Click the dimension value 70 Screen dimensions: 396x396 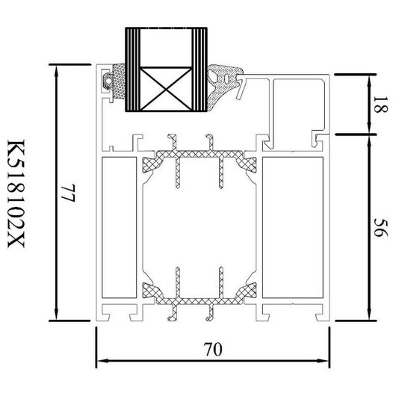(x=213, y=349)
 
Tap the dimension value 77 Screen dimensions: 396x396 (x=69, y=193)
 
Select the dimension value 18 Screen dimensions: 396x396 (x=380, y=105)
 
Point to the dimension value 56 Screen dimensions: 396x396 (x=380, y=228)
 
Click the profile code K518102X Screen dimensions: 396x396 (x=16, y=194)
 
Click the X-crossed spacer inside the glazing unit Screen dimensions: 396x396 (x=165, y=89)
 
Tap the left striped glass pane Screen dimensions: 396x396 (x=132, y=69)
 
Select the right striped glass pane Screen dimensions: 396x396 (x=199, y=69)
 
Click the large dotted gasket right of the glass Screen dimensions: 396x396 (x=222, y=84)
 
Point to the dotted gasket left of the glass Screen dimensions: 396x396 (x=119, y=81)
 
